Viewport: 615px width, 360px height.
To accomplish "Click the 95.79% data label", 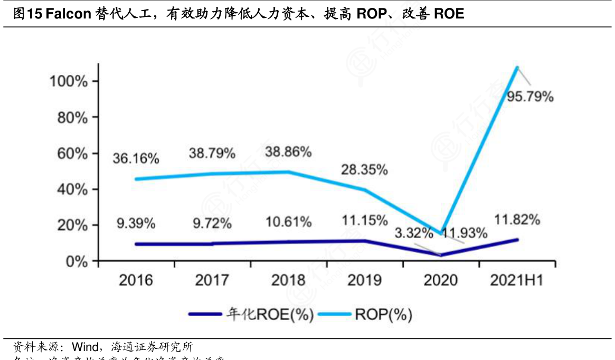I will pyautogui.click(x=529, y=97).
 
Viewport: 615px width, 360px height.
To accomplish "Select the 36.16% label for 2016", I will pyautogui.click(x=136, y=158).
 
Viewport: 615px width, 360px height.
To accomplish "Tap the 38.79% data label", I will pyautogui.click(x=212, y=154).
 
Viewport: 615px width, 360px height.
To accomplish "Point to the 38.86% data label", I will pyautogui.click(x=288, y=152).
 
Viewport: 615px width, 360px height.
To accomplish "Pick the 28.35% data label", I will pyautogui.click(x=365, y=170).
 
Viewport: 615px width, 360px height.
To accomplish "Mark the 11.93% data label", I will pyautogui.click(x=465, y=233).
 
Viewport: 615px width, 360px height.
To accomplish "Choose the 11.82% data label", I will pyautogui.click(x=517, y=220).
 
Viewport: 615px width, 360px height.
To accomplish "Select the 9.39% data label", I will pyautogui.click(x=136, y=223).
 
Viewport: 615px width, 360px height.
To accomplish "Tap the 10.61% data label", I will pyautogui.click(x=288, y=222).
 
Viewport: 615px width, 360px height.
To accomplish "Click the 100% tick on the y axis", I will pyautogui.click(x=68, y=81).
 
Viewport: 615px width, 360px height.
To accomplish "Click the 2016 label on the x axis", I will pyautogui.click(x=136, y=280).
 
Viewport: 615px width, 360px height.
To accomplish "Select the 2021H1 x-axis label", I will pyautogui.click(x=517, y=280).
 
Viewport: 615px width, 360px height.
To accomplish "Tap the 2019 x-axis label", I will pyautogui.click(x=365, y=280).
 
